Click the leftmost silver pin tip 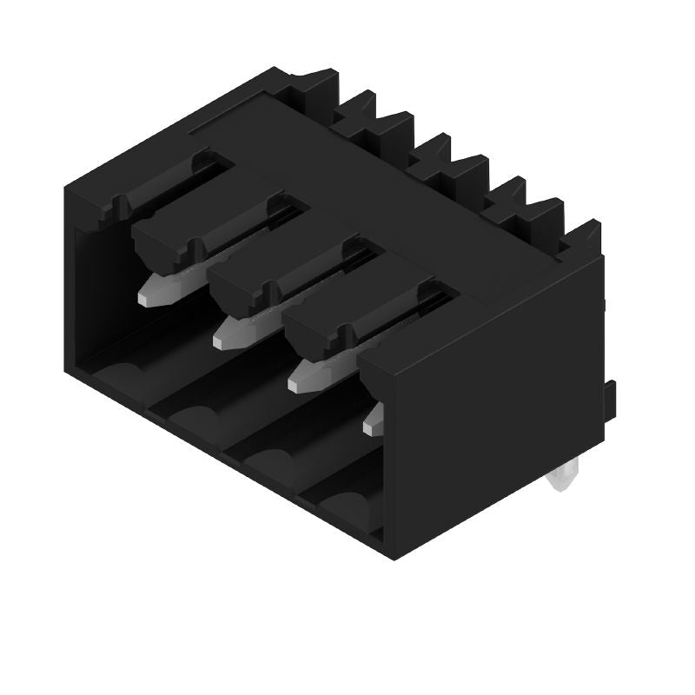156,289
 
